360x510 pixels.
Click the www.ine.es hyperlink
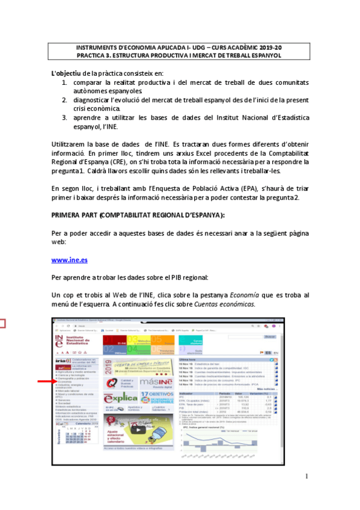[x=70, y=260]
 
